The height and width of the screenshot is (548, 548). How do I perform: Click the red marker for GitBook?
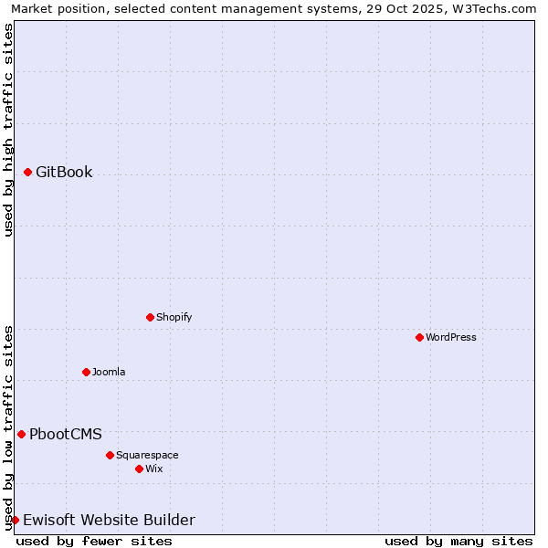27,172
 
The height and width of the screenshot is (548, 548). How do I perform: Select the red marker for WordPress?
419,337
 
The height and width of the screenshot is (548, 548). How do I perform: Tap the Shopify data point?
150,317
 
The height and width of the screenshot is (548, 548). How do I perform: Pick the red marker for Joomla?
86,372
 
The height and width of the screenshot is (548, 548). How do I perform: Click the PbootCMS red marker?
21,434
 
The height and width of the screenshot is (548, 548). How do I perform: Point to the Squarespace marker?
110,455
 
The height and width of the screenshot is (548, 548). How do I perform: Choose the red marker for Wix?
139,469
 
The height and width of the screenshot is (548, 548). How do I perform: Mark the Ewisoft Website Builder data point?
15,520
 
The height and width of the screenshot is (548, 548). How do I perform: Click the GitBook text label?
64,172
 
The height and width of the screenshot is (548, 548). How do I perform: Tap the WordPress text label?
451,337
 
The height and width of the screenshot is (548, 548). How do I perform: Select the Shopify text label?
174,317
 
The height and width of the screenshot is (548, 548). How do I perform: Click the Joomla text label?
109,372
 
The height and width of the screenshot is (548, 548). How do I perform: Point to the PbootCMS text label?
66,434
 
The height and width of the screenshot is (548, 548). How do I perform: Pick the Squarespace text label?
147,455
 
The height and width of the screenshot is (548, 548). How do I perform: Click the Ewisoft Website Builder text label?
109,520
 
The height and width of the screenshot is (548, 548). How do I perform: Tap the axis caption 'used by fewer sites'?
94,541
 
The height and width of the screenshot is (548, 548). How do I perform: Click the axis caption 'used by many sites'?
458,541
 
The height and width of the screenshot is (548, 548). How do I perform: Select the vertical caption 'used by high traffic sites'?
8,130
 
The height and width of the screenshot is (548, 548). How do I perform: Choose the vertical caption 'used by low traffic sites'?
8,427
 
